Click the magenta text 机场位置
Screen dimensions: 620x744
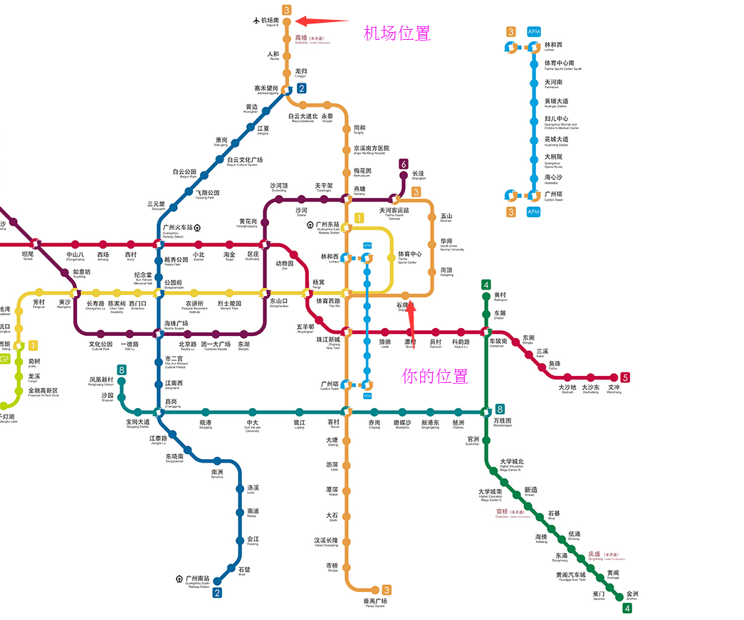[397, 33]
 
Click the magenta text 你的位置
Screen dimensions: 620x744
[435, 376]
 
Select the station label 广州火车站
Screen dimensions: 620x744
[178, 228]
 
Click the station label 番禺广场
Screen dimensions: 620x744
[374, 601]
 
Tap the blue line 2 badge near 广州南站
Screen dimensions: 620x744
[218, 592]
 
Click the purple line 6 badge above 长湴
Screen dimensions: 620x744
[404, 164]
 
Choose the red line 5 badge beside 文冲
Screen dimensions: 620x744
[625, 377]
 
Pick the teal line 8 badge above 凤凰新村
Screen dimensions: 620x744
[122, 369]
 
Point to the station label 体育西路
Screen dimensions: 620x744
[328, 300]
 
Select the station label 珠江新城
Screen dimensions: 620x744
[328, 339]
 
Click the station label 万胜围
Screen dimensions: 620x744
[503, 421]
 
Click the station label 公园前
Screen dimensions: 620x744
[174, 282]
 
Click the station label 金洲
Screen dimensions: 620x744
[632, 594]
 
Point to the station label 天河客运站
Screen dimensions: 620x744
[394, 211]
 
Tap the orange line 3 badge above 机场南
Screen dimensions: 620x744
[287, 9]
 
